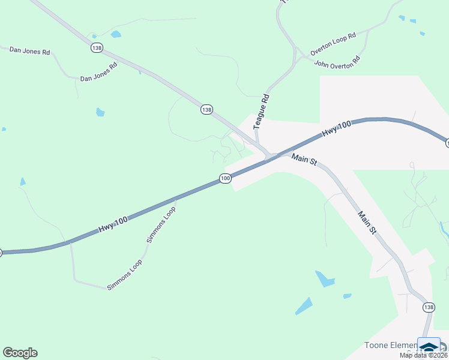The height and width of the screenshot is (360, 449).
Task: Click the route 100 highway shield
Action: pos(225,178)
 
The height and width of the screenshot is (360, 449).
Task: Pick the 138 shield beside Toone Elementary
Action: pos(428,307)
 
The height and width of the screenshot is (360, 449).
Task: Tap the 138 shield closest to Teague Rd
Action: pos(206,109)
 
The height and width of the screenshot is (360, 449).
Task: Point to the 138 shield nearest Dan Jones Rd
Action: pos(97,47)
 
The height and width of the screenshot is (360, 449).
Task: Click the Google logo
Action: pos(20,353)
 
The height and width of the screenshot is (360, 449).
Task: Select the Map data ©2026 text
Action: pos(424,355)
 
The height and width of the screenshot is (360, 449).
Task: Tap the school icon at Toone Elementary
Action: pos(429,347)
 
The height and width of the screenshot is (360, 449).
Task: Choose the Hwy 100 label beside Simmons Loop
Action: pos(113,226)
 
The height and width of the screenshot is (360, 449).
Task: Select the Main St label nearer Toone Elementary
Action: pos(367,221)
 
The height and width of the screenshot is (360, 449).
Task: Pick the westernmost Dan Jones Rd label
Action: pos(29,51)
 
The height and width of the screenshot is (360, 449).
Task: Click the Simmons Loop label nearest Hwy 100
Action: pos(161,224)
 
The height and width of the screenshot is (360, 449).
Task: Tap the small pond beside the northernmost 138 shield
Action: pos(116,34)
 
